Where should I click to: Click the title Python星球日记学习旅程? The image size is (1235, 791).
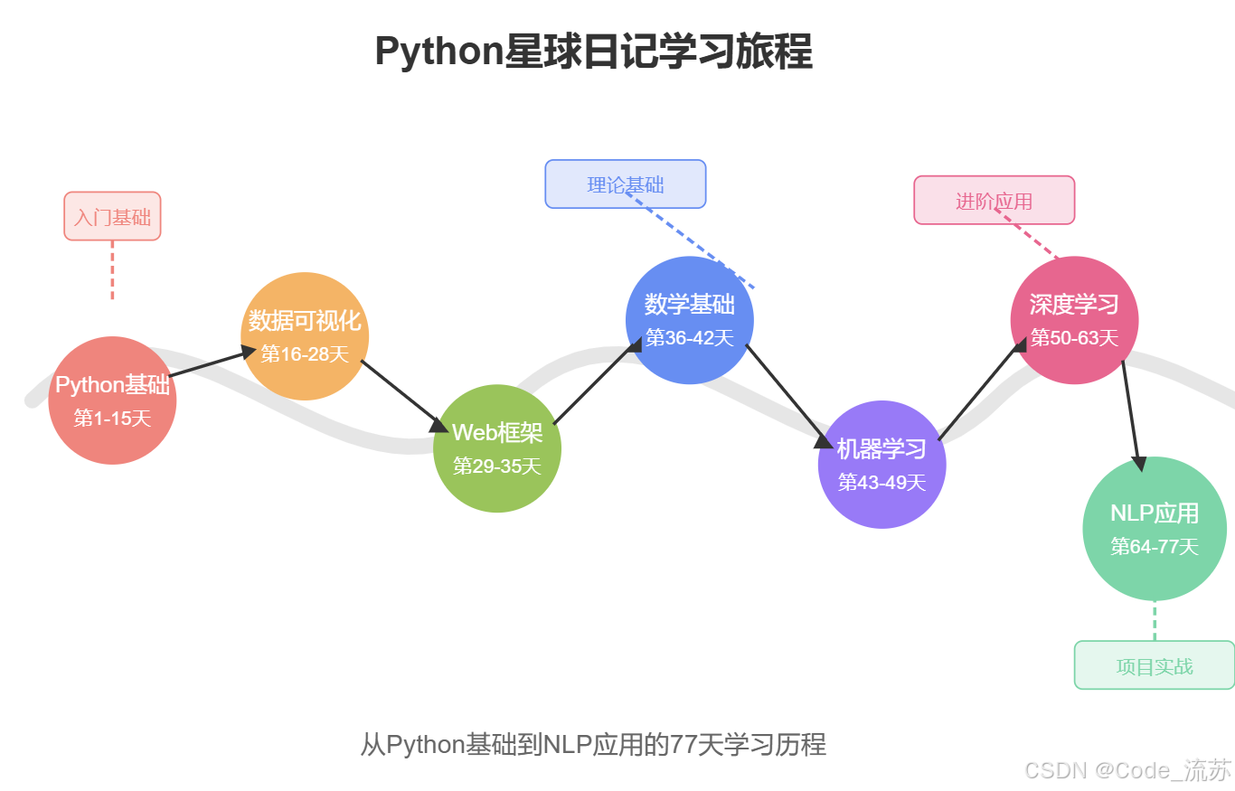593,52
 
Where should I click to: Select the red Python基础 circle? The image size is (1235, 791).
112,400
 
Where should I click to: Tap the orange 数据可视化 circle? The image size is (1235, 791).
305,336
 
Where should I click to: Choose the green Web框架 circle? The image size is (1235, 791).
497,448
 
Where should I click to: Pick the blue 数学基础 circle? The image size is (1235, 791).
690,320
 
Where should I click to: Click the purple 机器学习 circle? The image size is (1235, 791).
881,465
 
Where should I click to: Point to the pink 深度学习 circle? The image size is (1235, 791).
1074,320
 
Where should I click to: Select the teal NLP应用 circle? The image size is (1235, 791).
1155,529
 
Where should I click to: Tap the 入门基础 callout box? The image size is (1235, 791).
112,216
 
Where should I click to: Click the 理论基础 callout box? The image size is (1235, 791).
626,184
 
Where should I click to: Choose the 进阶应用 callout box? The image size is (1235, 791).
994,200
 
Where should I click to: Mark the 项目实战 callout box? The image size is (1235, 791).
1155,665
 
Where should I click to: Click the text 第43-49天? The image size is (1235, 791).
881,483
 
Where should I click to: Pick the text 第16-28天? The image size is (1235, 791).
305,354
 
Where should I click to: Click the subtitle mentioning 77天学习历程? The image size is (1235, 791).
593,745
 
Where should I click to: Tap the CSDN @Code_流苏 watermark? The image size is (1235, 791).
1127,770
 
